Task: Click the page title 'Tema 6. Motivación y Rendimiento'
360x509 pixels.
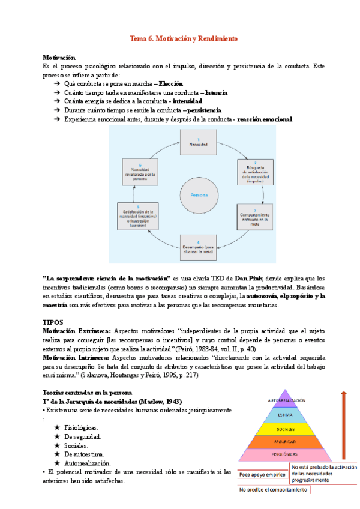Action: (184, 38)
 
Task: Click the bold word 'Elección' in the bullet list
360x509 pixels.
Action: (170, 83)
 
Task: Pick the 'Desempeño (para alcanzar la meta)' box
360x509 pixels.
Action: (199, 247)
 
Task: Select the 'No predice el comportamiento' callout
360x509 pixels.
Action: (274, 490)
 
